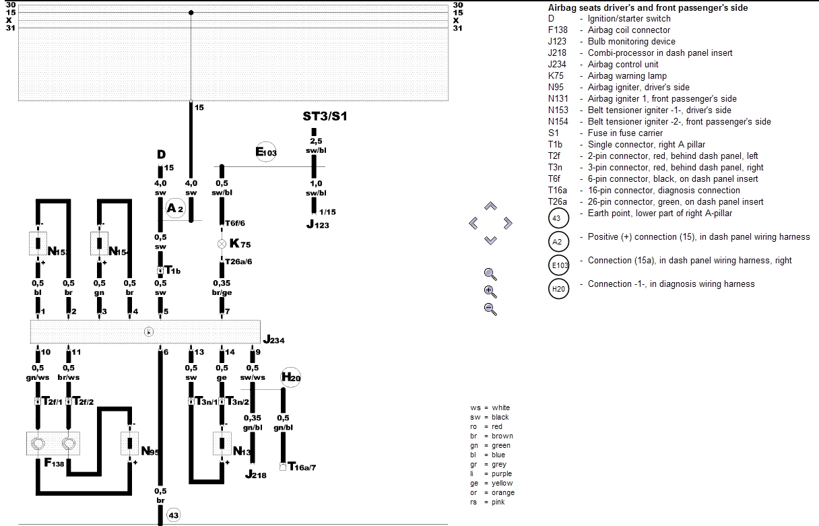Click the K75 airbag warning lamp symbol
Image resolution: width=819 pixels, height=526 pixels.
click(x=222, y=244)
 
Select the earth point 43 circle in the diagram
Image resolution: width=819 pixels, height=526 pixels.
click(x=173, y=515)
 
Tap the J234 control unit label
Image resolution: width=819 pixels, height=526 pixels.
click(x=273, y=340)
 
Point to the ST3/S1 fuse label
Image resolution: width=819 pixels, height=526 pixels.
click(x=325, y=117)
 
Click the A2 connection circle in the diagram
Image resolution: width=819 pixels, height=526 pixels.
click(x=175, y=209)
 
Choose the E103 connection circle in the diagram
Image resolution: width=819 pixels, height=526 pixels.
click(x=266, y=152)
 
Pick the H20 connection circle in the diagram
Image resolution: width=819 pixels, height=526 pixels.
click(x=291, y=377)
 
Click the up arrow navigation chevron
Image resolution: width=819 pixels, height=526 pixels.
click(x=490, y=206)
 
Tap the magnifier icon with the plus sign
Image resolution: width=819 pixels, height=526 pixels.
click(x=490, y=292)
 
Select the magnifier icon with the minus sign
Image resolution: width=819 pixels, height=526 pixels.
click(x=490, y=309)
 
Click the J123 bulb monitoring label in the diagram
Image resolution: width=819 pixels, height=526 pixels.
click(x=317, y=224)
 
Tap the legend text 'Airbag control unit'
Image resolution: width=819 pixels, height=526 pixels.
click(x=623, y=64)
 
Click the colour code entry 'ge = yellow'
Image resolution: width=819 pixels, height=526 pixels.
click(x=492, y=483)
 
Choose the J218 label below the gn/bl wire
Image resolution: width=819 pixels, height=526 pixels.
click(x=255, y=475)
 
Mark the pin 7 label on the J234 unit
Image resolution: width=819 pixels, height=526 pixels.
click(x=228, y=311)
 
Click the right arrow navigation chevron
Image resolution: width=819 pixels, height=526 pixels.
click(x=508, y=223)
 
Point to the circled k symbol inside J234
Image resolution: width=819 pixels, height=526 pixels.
click(x=150, y=331)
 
